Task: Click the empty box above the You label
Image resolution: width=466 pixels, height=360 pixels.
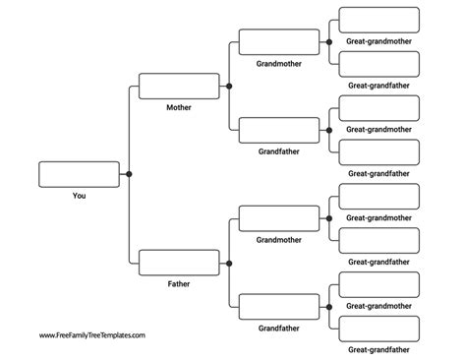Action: [x=79, y=174]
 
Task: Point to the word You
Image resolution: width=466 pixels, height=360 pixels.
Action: [x=79, y=196]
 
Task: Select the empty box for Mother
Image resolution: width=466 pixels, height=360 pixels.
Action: [x=179, y=86]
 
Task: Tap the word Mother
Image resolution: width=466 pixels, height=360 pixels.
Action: [x=179, y=107]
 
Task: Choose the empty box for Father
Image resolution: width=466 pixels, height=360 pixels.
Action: [x=179, y=263]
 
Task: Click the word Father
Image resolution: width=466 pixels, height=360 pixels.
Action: [x=179, y=284]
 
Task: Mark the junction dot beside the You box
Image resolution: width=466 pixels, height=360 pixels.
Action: [x=129, y=174]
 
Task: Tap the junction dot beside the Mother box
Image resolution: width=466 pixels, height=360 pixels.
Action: [x=229, y=86]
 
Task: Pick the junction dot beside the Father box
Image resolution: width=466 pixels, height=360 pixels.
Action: [x=229, y=263]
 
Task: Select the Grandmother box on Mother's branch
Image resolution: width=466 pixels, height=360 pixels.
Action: [x=279, y=41]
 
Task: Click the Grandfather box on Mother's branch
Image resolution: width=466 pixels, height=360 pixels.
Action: [x=279, y=130]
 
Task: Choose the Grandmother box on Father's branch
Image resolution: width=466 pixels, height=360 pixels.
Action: [x=279, y=218]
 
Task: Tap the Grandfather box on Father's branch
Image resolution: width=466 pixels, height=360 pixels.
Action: [x=279, y=307]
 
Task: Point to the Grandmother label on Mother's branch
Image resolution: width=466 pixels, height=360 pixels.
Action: [x=279, y=63]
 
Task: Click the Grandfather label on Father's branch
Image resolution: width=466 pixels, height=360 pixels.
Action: [x=279, y=329]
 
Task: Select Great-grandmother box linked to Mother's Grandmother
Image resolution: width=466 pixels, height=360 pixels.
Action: [x=379, y=20]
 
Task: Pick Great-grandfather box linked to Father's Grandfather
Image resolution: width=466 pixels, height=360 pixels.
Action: [x=379, y=329]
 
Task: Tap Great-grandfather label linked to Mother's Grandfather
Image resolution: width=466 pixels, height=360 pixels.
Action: [x=379, y=173]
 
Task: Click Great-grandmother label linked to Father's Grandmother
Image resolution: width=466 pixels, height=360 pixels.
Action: [x=379, y=217]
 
